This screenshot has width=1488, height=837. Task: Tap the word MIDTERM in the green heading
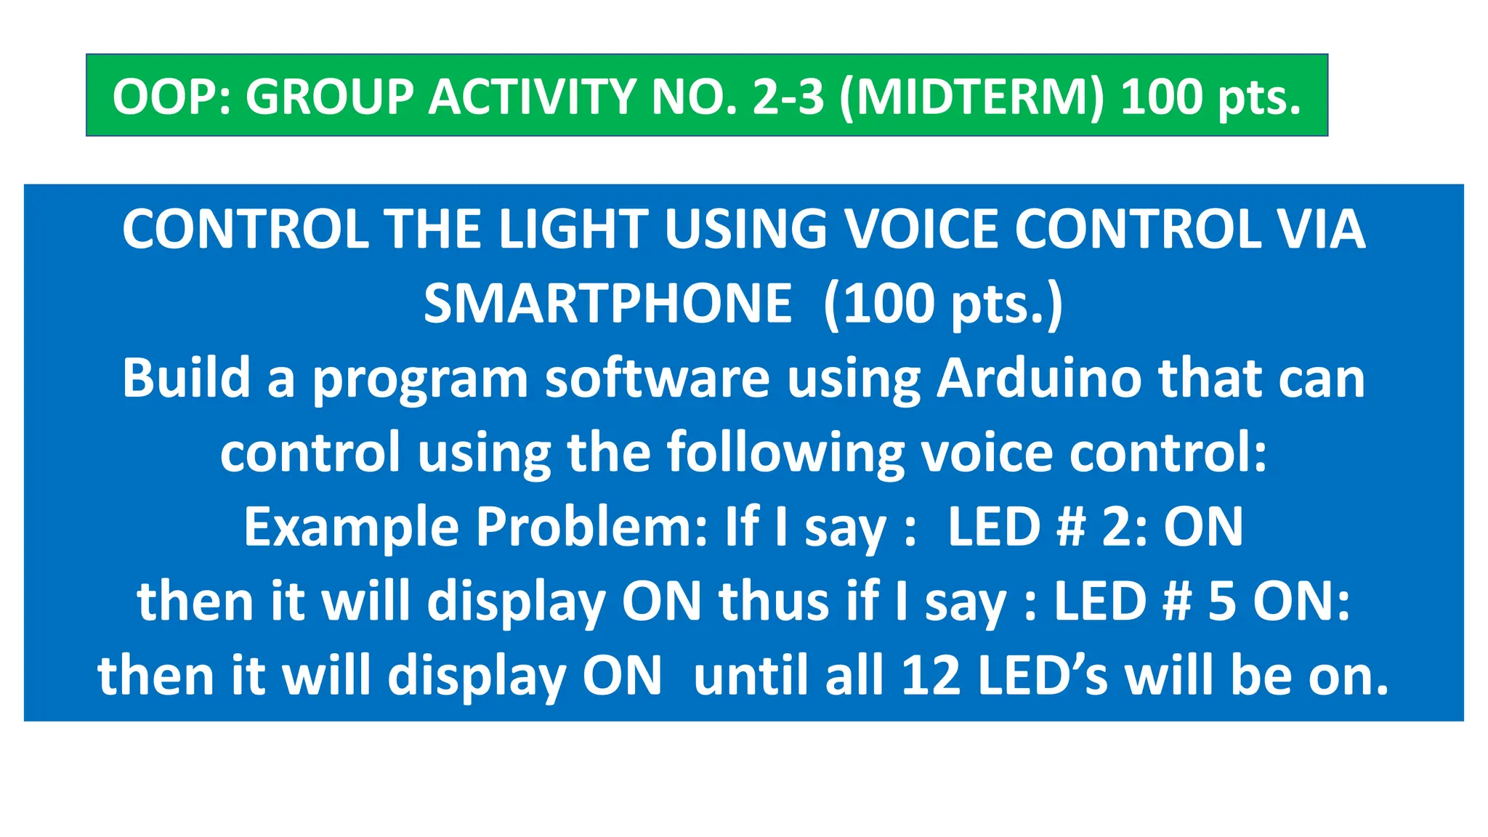click(x=971, y=97)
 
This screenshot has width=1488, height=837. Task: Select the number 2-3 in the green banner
click(x=788, y=97)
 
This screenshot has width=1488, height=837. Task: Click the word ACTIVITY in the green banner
click(x=532, y=97)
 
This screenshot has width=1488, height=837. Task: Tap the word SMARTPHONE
click(x=607, y=304)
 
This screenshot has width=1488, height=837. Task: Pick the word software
click(x=657, y=379)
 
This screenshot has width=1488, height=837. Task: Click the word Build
click(x=186, y=379)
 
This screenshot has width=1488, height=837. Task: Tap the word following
click(x=785, y=453)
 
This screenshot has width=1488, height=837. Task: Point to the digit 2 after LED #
click(x=1116, y=527)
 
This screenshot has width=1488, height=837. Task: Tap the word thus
click(x=774, y=602)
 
